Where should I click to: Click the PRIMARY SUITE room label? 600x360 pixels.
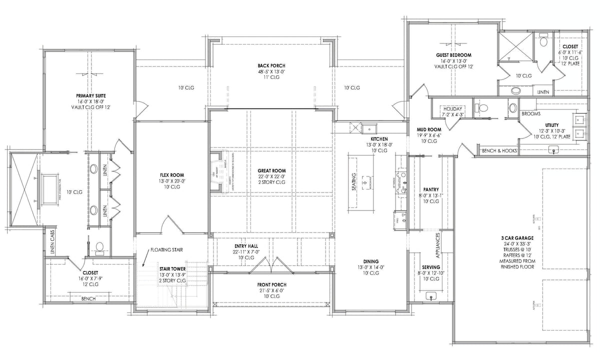[91, 95]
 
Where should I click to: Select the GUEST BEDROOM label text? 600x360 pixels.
[453, 54]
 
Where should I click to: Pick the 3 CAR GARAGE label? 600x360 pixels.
[517, 237]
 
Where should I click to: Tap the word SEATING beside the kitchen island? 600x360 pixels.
[354, 181]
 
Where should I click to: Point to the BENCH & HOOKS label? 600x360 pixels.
[498, 150]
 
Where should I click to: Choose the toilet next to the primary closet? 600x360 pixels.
[99, 246]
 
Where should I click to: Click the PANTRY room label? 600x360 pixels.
[430, 189]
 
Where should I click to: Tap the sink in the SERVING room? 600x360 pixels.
[430, 296]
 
